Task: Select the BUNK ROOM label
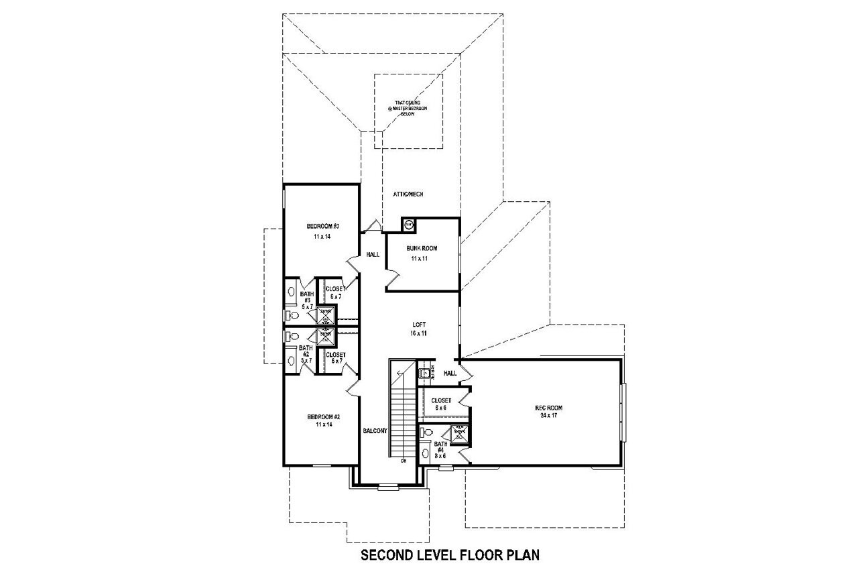(422, 248)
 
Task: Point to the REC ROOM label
(548, 408)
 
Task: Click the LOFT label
(419, 325)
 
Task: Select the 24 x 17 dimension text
(548, 416)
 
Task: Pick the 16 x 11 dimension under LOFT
(419, 333)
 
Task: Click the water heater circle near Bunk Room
(409, 225)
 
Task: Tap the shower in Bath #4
(459, 433)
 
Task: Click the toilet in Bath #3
(291, 315)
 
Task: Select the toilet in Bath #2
(291, 337)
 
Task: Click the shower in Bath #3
(325, 315)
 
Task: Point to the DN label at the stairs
(404, 461)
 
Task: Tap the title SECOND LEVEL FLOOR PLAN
(450, 555)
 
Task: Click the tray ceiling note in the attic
(408, 107)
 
